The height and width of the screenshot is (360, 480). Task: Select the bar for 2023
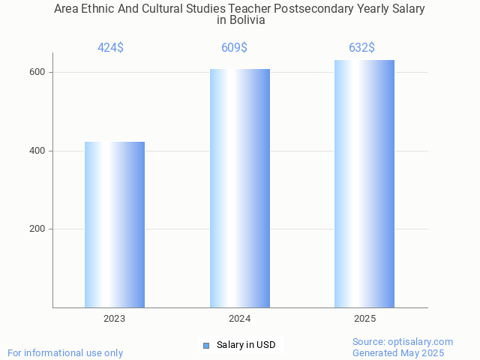click(115, 224)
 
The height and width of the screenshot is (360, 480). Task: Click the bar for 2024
click(240, 188)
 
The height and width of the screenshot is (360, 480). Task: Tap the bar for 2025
click(364, 184)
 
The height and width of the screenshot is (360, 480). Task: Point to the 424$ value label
click(110, 48)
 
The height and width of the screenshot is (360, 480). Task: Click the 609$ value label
click(234, 48)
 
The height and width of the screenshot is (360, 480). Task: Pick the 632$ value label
click(361, 48)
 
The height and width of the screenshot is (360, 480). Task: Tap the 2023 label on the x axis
click(115, 319)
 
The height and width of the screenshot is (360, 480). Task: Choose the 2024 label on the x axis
click(240, 319)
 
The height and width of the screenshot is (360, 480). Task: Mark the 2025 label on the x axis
click(365, 319)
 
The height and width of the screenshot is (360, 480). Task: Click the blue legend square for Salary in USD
click(206, 345)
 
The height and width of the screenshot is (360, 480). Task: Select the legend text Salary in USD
click(246, 345)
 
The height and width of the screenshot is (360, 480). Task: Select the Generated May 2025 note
click(398, 353)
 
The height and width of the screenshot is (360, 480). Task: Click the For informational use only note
click(65, 353)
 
